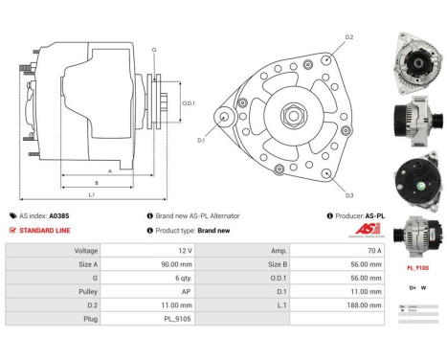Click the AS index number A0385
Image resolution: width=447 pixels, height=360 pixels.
pos(59,216)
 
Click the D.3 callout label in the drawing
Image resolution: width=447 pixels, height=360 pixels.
pos(348,194)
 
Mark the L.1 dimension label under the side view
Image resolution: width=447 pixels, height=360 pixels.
pos(91,194)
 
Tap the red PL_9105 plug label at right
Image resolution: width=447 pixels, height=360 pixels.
pos(417,269)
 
